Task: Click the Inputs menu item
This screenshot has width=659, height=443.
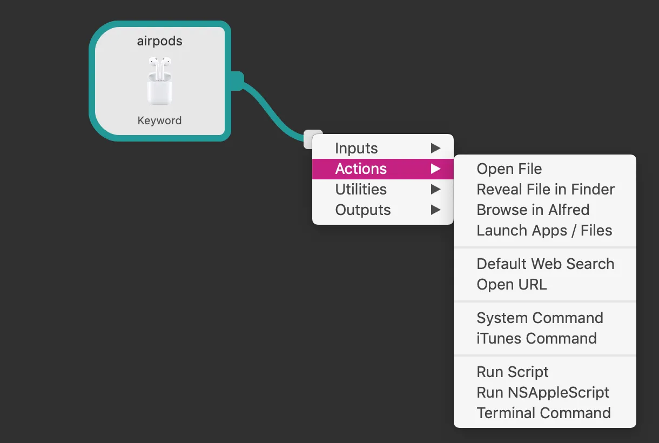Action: [x=357, y=148]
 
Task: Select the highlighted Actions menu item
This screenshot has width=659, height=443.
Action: [x=361, y=169]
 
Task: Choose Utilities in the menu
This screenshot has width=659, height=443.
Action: [x=361, y=189]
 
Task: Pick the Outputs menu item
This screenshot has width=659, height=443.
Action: [x=363, y=210]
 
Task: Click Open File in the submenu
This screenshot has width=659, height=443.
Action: [x=509, y=169]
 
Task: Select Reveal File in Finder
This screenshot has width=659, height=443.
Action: [x=546, y=189]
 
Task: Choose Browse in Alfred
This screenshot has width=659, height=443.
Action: [x=533, y=210]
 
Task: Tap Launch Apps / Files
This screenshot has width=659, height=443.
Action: [x=544, y=230]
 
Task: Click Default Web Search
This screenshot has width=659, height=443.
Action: [x=545, y=264]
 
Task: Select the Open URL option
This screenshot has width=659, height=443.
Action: [x=512, y=284]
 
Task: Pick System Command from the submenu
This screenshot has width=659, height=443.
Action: [x=540, y=318]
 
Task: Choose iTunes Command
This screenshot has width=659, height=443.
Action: [x=536, y=338]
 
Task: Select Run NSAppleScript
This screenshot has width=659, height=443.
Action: [x=542, y=392]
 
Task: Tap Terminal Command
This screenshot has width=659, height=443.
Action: [x=543, y=413]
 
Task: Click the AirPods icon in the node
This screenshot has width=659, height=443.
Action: [x=159, y=81]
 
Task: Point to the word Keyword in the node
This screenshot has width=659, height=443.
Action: [x=159, y=120]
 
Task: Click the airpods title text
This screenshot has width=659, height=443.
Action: [x=159, y=42]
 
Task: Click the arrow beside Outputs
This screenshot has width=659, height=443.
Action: [x=435, y=210]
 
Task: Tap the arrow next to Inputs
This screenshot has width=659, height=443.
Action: [x=435, y=148]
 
